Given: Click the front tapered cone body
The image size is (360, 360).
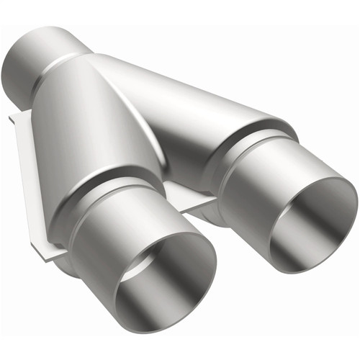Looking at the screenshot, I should (94, 130).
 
